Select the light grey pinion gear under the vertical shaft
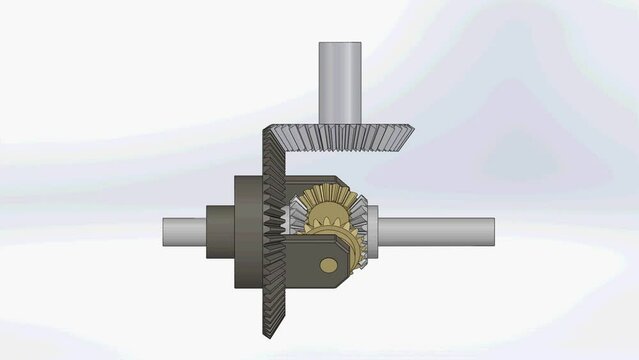click(340, 135)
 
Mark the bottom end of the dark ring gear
click(271, 336)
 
